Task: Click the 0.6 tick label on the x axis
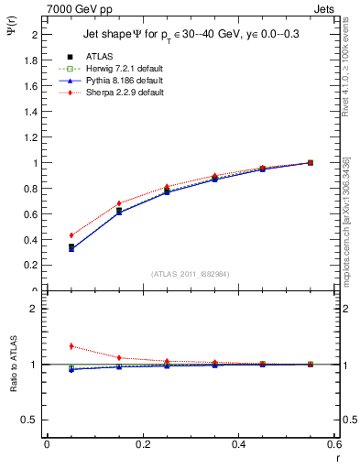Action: click(x=334, y=446)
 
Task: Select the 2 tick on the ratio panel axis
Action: click(x=35, y=310)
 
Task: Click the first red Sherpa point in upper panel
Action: click(x=71, y=235)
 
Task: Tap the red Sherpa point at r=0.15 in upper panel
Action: click(x=119, y=203)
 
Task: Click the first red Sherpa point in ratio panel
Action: click(x=71, y=346)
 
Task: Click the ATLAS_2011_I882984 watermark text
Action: click(x=191, y=274)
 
